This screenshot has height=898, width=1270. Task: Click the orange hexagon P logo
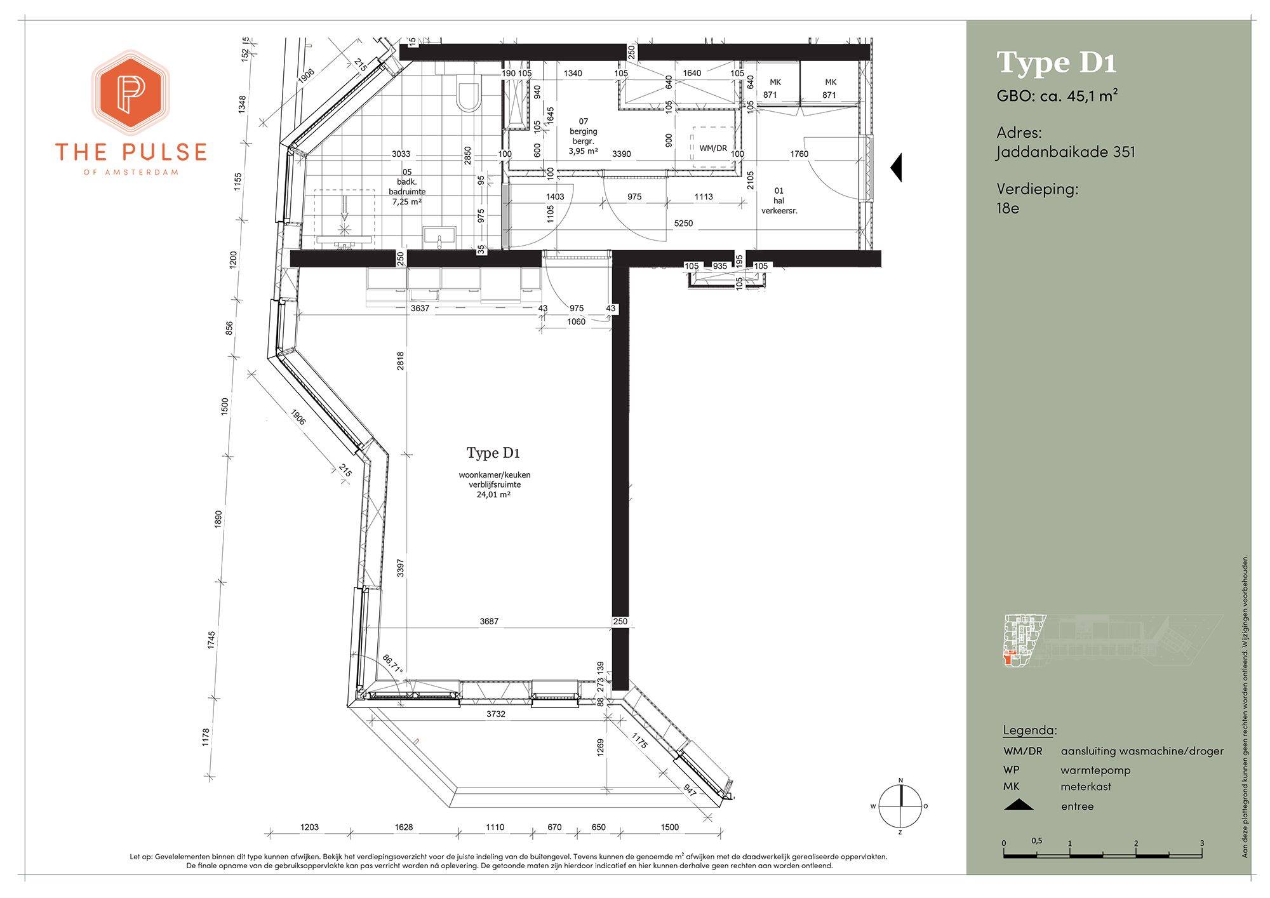[x=131, y=93]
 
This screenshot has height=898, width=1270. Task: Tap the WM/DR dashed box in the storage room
[x=712, y=147]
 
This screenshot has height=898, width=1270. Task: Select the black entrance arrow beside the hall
[x=896, y=168]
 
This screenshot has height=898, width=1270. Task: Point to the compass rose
[x=900, y=806]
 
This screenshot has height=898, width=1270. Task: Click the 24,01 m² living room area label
[x=494, y=494]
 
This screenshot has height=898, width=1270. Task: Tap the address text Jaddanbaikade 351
[x=1066, y=152]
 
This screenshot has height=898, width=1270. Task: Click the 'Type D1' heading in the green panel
[x=1057, y=62]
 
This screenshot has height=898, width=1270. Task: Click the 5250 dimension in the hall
[x=683, y=224]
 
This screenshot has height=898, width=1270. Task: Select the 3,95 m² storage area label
[x=584, y=151]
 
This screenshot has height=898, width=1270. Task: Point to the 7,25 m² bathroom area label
[x=407, y=202]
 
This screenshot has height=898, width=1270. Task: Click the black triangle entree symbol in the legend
[x=1019, y=805]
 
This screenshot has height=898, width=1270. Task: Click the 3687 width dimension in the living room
[x=489, y=622]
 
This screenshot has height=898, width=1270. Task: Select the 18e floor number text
[x=1008, y=208]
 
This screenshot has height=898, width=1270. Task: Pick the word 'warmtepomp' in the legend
[x=1095, y=770]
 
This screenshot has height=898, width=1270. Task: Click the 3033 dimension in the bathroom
[x=401, y=154]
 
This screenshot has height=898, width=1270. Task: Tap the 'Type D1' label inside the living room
[x=493, y=453]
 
